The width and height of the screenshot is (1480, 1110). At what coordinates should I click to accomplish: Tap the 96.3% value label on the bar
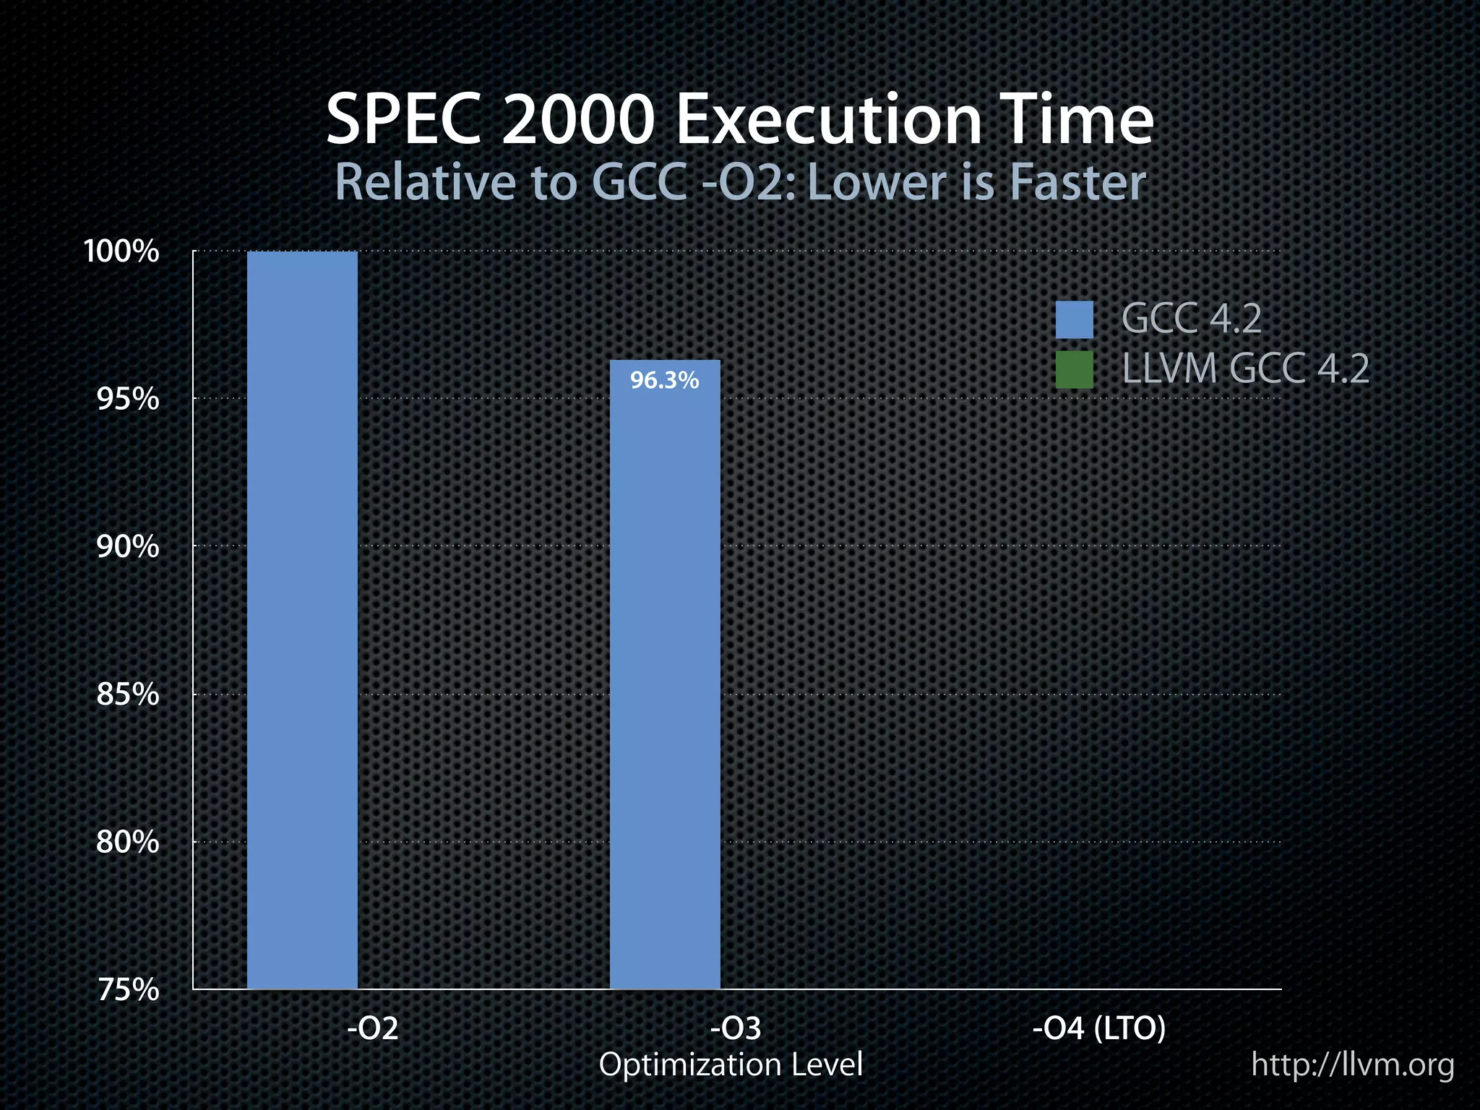tap(664, 380)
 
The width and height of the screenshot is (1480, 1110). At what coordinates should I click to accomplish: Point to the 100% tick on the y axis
tap(121, 251)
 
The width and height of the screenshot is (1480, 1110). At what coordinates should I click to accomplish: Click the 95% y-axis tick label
tap(127, 399)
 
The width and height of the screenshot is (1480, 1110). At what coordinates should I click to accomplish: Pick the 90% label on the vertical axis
tap(127, 547)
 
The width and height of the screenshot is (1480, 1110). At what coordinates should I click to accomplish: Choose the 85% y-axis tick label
tap(127, 694)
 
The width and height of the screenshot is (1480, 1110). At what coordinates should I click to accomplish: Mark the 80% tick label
tap(127, 842)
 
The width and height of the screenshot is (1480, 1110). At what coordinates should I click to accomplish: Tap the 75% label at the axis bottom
tap(127, 989)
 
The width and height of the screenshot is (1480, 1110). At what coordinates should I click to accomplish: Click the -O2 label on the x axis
tap(373, 1028)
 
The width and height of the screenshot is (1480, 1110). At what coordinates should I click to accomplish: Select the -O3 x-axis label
tap(736, 1028)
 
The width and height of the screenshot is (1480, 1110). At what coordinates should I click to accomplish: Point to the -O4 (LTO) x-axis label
tap(1099, 1028)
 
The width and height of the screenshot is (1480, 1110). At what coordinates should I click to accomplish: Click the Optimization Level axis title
tap(731, 1064)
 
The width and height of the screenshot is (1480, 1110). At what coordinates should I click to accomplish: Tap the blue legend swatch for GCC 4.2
tap(1074, 319)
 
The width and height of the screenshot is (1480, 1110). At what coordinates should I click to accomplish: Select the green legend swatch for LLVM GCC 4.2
tap(1074, 370)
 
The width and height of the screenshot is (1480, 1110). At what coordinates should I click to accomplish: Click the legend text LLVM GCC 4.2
tap(1245, 369)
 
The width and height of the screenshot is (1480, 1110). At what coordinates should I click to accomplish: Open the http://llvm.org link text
tap(1353, 1064)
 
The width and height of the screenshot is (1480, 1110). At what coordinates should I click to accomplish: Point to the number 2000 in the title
tap(577, 121)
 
